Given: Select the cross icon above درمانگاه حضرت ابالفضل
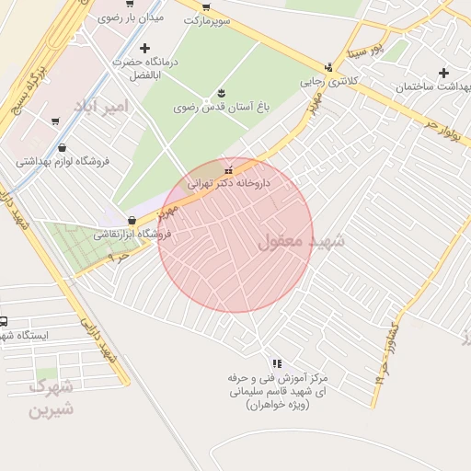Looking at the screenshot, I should [x=144, y=48].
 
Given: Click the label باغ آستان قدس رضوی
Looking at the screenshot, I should [x=222, y=108].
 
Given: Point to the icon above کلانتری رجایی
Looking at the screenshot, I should [x=328, y=66].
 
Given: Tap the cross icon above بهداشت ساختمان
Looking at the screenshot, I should [x=444, y=73].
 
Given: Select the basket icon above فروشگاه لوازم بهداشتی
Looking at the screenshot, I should [x=62, y=147].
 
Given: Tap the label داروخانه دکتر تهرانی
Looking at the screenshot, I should [x=229, y=183].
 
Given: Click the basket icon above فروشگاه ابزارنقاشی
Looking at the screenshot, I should [x=133, y=221].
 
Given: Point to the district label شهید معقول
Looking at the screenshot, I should [x=301, y=242].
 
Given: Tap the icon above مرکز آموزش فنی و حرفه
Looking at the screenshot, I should [x=277, y=364].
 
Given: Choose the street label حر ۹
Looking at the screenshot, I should [x=118, y=260].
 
